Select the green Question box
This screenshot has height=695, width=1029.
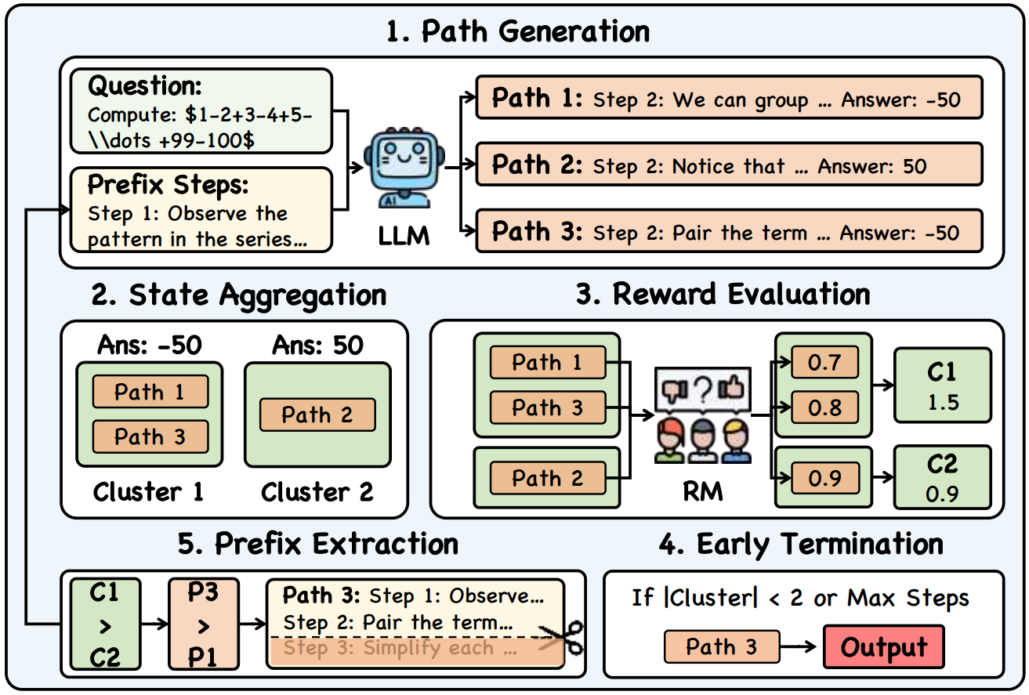pos(201,110)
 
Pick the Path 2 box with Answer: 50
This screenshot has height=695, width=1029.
pos(728,165)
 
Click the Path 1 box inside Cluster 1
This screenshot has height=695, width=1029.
pos(150,392)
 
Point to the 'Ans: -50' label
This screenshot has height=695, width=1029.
pos(150,345)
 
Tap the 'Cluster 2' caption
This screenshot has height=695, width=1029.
pos(317,492)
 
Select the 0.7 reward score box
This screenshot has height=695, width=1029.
pos(825,363)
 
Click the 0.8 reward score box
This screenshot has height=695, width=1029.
pos(825,407)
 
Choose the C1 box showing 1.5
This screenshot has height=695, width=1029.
pos(942,386)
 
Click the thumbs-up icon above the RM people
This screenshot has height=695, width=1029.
pos(732,389)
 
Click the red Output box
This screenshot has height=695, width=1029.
pos(883,648)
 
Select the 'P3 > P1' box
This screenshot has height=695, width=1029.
pos(203,624)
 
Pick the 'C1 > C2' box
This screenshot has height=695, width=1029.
pos(104,624)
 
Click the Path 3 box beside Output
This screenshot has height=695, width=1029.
pos(721,647)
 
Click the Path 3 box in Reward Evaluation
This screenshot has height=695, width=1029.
pos(548,407)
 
